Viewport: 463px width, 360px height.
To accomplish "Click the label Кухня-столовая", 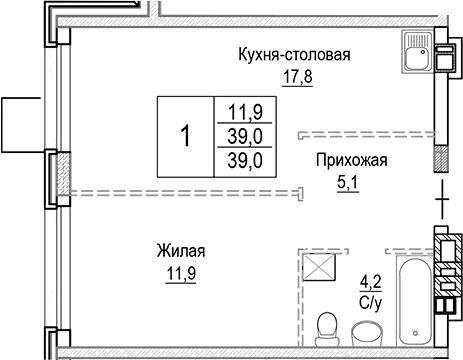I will pyautogui.click(x=293, y=54).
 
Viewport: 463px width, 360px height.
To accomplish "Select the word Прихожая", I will pyautogui.click(x=350, y=159).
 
